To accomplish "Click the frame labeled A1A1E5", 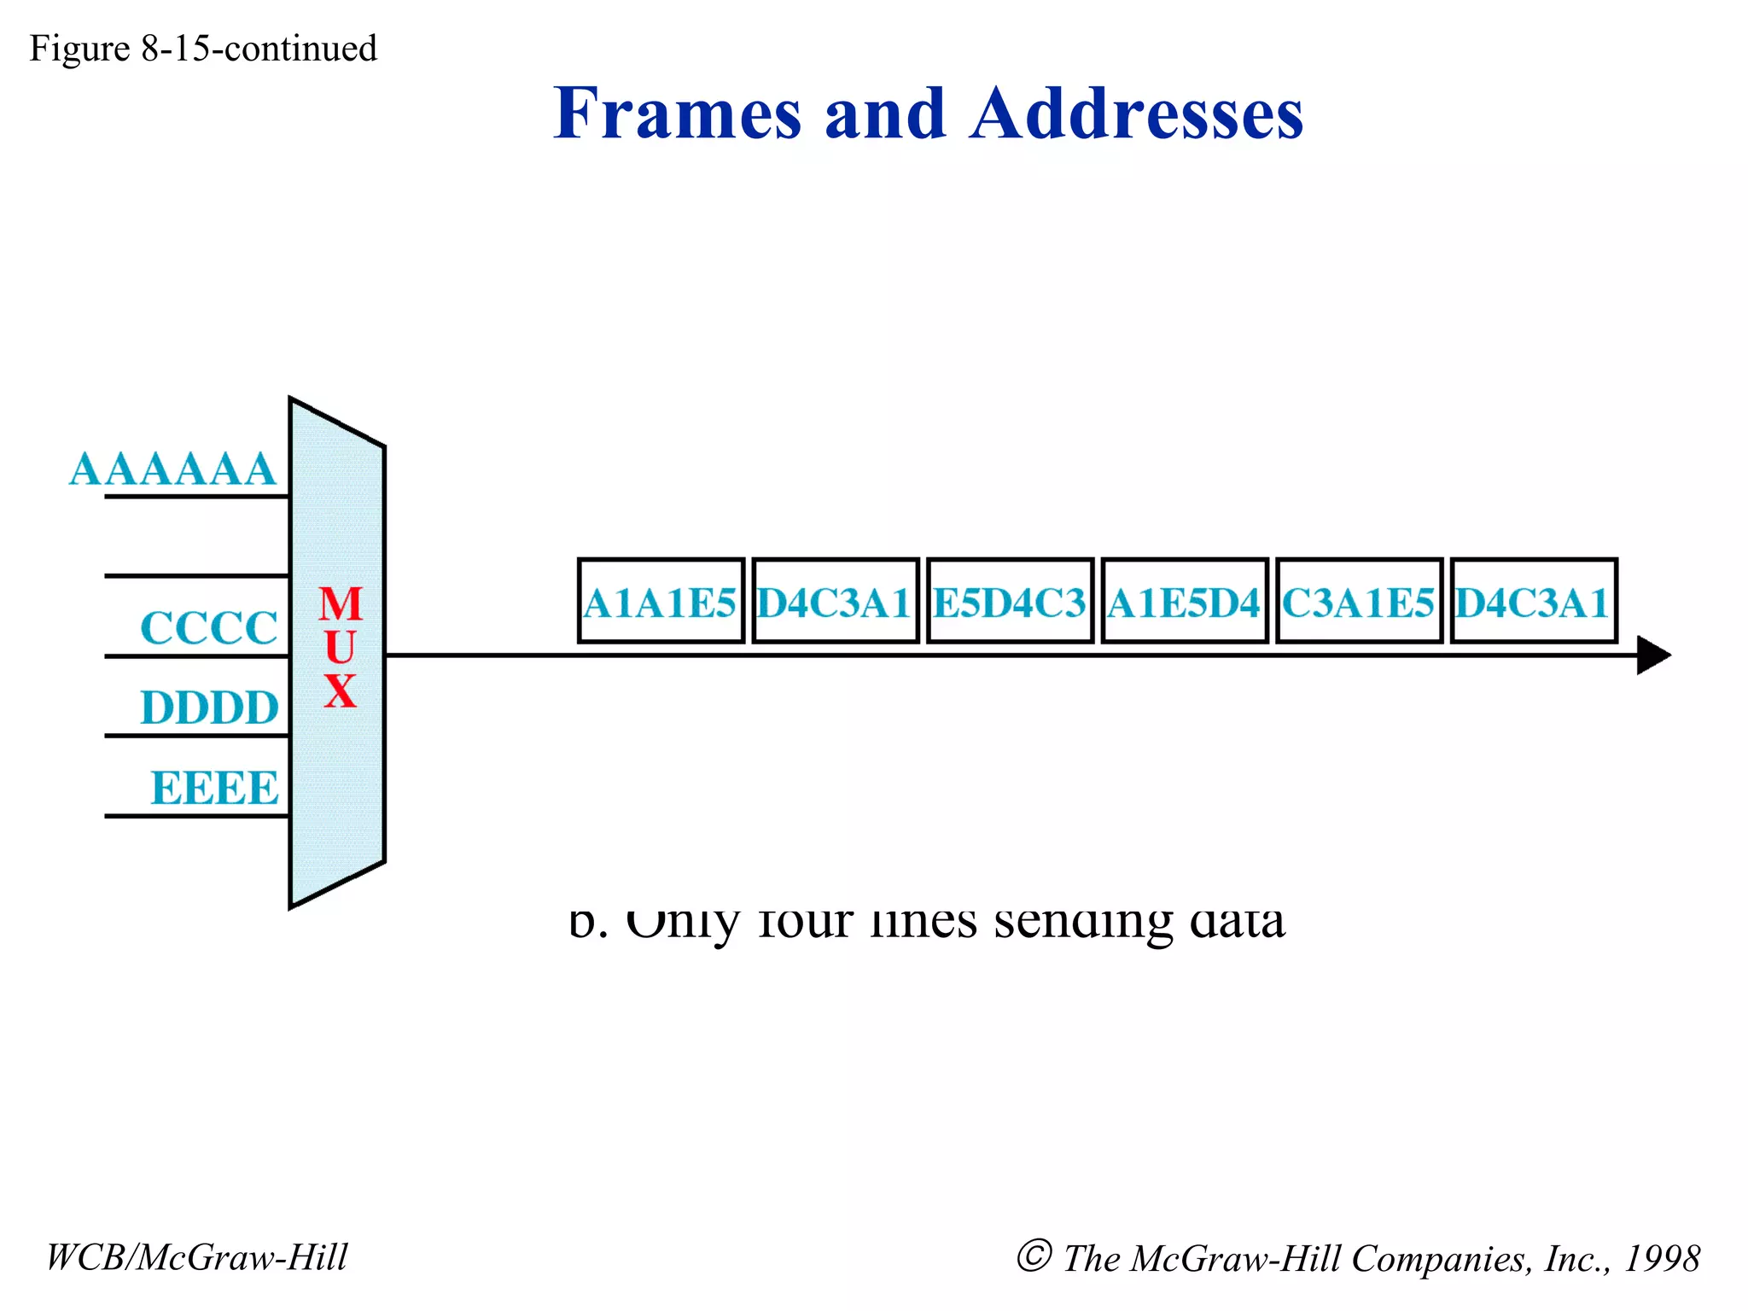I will [x=661, y=601].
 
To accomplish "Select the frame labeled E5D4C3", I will [x=1010, y=601].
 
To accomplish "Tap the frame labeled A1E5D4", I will [x=1185, y=601].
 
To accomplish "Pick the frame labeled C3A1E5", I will [x=1359, y=601].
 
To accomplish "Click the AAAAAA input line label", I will [x=172, y=469].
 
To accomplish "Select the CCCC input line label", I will [x=209, y=628].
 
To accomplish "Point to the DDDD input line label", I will [x=210, y=708].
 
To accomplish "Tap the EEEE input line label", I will [x=214, y=787].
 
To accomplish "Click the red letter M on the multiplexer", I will [x=341, y=604].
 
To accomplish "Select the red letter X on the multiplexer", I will [x=341, y=690].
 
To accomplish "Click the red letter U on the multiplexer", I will [x=341, y=648].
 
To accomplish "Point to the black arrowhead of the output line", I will [x=1652, y=655].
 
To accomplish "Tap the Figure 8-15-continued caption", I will [x=203, y=49].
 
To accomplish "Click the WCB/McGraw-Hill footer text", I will [x=197, y=1257].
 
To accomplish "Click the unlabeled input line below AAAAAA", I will [x=196, y=576].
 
